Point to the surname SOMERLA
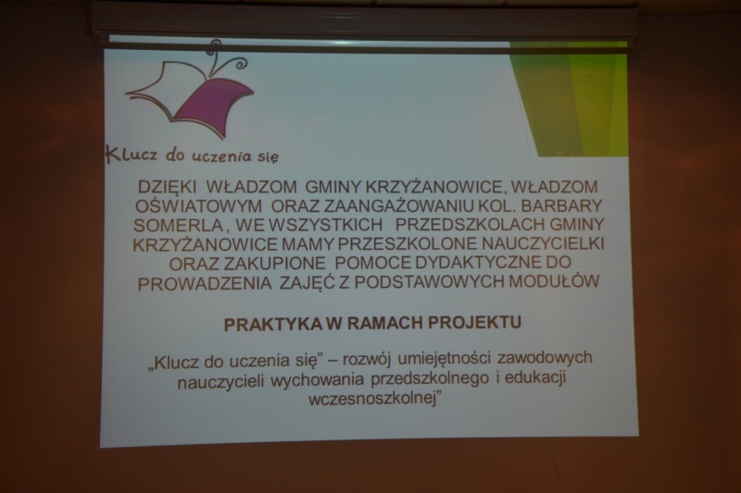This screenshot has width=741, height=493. [x=178, y=225]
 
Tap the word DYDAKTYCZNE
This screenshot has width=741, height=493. [x=476, y=263]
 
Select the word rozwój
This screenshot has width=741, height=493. [x=365, y=360]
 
